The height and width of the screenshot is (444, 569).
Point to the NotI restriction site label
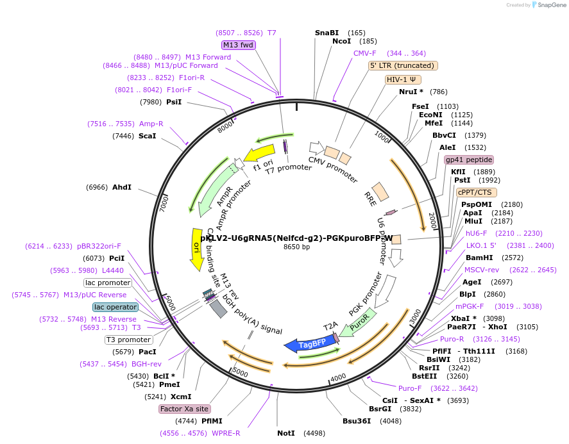coord(286,433)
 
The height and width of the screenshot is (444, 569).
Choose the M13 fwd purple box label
coord(239,45)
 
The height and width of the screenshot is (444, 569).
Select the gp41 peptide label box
coord(469,160)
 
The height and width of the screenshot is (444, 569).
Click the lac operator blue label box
coord(115,307)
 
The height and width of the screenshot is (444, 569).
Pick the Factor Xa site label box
coord(185,408)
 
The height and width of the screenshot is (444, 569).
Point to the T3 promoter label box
coord(128,340)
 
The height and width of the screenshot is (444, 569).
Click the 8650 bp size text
coord(296,247)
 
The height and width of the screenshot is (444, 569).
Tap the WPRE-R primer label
coord(226,433)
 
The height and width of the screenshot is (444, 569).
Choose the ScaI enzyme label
coord(147,136)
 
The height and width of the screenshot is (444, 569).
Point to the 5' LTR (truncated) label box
coord(403,65)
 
